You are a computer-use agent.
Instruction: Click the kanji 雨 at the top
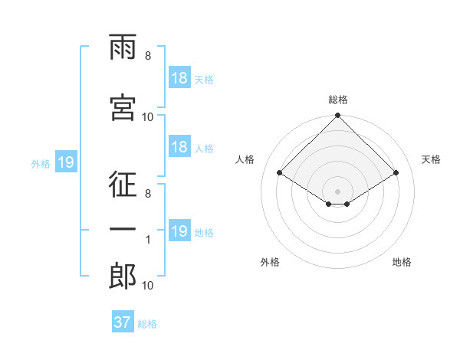[123, 47]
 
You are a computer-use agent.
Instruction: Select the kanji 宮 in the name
[123, 107]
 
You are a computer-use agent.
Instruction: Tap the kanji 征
[123, 184]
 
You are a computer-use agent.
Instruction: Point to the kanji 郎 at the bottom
[123, 276]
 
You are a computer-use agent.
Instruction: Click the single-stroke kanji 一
[123, 229]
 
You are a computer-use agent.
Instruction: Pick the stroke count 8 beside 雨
[148, 56]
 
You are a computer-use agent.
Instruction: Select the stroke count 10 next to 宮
[147, 117]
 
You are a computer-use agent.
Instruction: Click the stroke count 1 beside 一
[148, 240]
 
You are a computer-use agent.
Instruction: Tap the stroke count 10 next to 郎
[147, 286]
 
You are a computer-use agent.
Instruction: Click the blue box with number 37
[123, 321]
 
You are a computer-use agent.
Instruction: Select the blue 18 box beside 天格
[180, 77]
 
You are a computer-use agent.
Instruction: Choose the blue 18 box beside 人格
[180, 146]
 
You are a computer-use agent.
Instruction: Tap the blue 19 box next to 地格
[180, 230]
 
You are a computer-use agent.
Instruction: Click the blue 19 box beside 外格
[66, 162]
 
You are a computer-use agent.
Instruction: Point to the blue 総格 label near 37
[147, 324]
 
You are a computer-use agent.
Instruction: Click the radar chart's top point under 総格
[337, 115]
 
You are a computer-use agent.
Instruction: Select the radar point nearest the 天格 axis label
[396, 172]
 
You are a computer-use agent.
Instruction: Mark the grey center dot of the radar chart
[337, 191]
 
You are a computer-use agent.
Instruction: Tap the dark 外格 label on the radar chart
[270, 262]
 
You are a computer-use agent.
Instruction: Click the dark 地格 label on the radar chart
[402, 262]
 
